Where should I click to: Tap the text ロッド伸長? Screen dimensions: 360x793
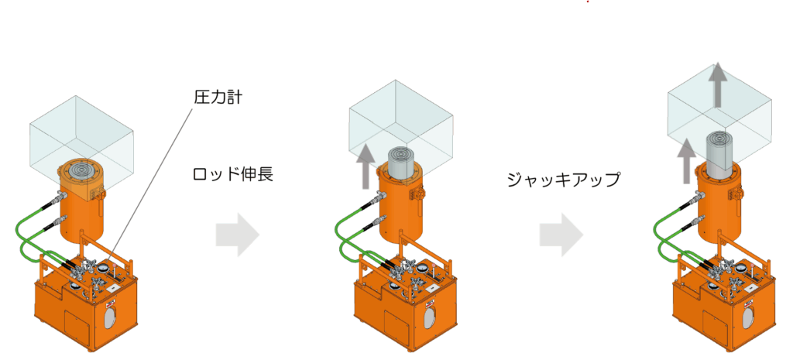click(233, 174)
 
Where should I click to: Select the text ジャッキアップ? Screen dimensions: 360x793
click(564, 180)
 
